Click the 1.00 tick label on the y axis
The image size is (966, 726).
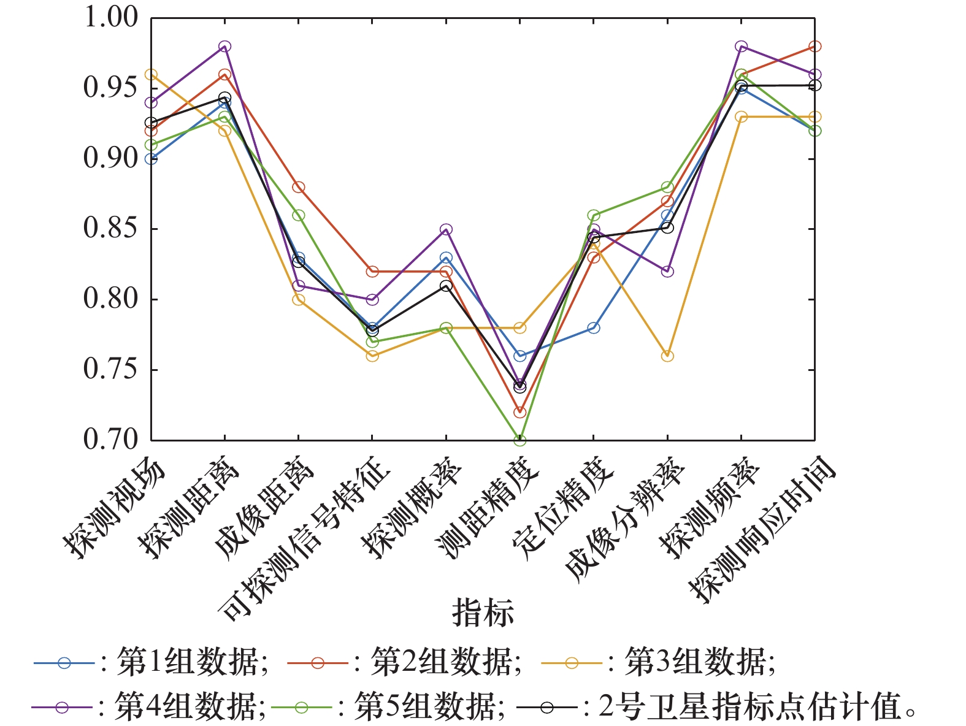(x=110, y=17)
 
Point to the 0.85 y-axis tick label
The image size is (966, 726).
(x=110, y=229)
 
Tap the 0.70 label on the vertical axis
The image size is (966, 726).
(x=110, y=440)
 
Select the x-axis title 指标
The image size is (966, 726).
(x=483, y=612)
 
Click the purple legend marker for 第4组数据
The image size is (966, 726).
(x=61, y=708)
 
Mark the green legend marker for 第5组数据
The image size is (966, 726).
(x=301, y=708)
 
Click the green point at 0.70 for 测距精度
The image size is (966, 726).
(x=519, y=440)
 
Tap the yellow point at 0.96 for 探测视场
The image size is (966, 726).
(x=151, y=75)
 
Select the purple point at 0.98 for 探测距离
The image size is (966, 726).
(x=224, y=47)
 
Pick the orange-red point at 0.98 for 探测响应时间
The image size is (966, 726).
(x=815, y=47)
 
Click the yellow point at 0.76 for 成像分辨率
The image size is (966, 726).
(x=667, y=356)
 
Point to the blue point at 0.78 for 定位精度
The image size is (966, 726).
(x=593, y=328)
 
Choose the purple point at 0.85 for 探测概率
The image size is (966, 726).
(x=446, y=229)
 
